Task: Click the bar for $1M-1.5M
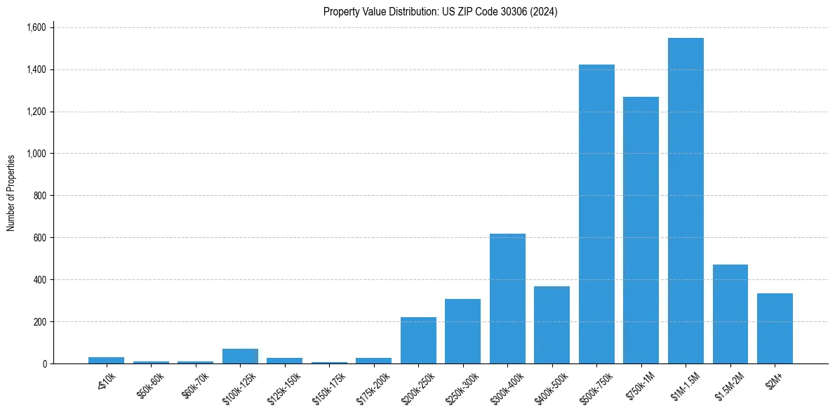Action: coord(686,201)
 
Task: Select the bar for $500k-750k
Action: coord(596,214)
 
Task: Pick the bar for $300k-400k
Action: coord(507,298)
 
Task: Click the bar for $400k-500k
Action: coord(552,325)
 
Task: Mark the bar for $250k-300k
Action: coord(462,331)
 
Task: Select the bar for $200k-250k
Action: coord(418,340)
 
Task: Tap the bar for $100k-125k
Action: coord(240,356)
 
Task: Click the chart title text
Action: coord(440,12)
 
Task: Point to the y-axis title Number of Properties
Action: coord(11,193)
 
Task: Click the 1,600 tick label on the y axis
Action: coord(36,27)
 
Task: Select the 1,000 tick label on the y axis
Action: coord(36,154)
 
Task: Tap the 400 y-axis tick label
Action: coord(40,279)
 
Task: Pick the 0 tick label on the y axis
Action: coord(44,363)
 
